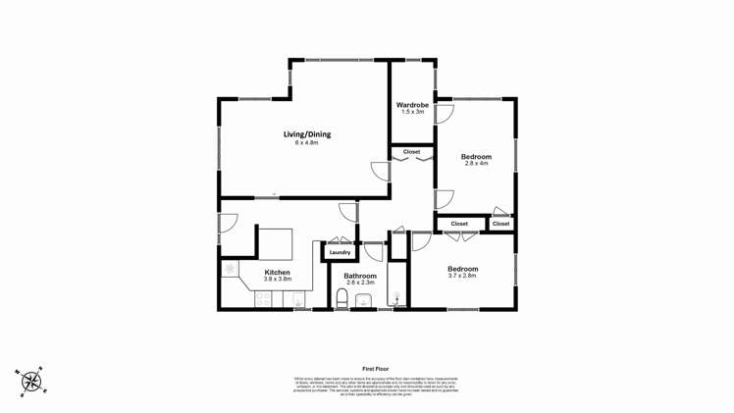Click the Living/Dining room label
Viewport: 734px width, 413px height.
(307, 134)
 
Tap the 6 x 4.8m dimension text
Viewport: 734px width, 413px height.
(307, 143)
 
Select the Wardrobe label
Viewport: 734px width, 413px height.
(412, 105)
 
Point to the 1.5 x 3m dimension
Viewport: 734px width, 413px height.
(412, 113)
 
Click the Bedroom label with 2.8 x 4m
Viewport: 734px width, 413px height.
(476, 157)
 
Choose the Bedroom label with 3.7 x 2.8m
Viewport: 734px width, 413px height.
(462, 269)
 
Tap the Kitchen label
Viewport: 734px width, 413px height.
(278, 273)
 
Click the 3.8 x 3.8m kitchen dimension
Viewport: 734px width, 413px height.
(278, 280)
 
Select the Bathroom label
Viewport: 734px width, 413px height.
(360, 276)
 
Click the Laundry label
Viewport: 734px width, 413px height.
(340, 253)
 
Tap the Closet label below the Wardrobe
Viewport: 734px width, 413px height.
(411, 152)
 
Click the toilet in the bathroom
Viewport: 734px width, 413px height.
(342, 298)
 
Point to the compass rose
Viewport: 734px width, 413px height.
(31, 381)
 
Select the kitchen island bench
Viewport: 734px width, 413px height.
(275, 242)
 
